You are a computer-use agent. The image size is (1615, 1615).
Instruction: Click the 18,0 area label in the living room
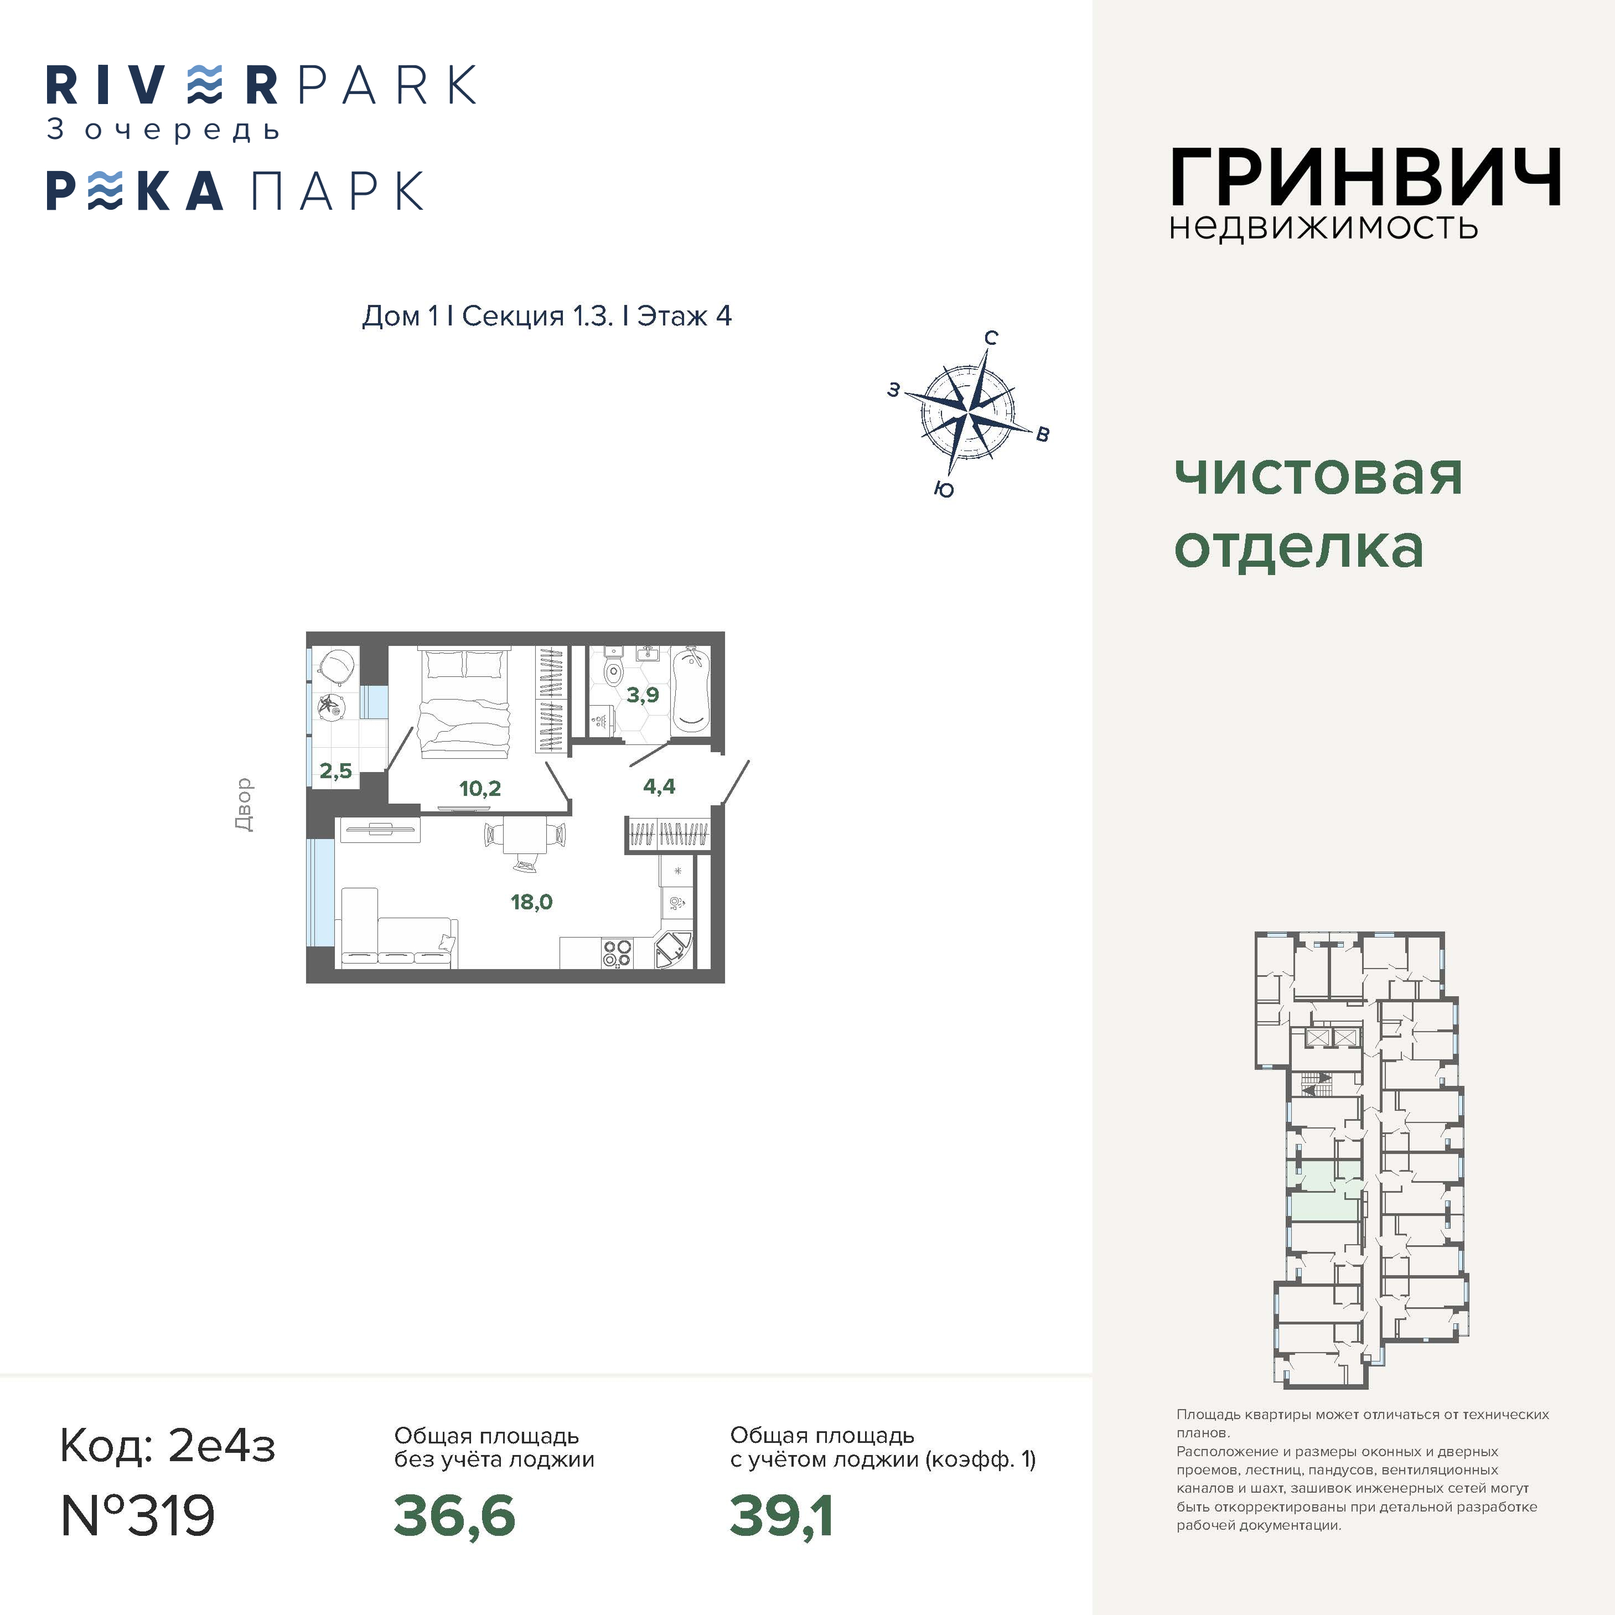pos(532,902)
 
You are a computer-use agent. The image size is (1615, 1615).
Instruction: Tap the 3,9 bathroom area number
pos(643,695)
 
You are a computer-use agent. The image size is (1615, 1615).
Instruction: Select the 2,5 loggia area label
pos(336,771)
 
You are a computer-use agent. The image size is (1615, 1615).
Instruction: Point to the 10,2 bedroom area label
pos(480,788)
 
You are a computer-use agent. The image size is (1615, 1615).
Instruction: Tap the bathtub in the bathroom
pos(691,690)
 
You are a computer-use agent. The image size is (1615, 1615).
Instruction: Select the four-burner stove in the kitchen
pos(618,953)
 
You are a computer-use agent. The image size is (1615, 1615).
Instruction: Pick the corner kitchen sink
pos(673,950)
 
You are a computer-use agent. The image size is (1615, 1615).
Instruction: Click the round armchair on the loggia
pos(337,665)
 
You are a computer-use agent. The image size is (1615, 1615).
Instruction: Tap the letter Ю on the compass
pos(944,490)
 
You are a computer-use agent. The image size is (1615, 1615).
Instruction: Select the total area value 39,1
pos(781,1515)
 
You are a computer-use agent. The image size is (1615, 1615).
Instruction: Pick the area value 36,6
pos(454,1515)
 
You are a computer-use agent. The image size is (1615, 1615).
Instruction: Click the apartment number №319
pos(138,1515)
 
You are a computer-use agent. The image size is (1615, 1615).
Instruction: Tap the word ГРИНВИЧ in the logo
pos(1365,177)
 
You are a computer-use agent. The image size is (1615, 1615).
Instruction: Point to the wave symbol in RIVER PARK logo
pos(205,85)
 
